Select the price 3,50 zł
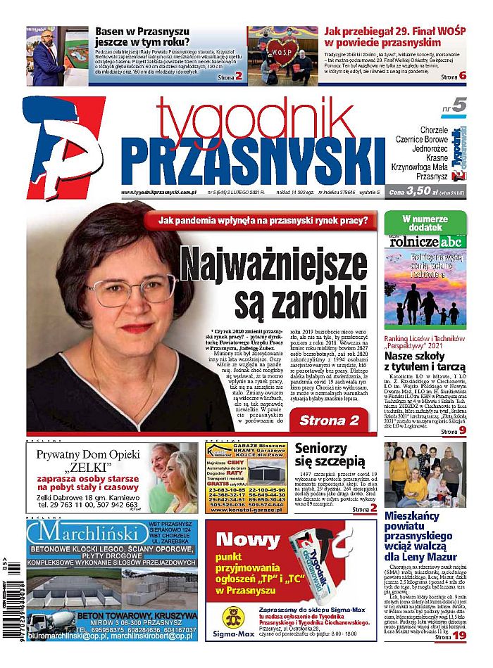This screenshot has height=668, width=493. [423, 191]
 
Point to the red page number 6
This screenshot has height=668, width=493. [462, 76]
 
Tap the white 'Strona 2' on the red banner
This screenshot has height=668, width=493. [329, 420]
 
